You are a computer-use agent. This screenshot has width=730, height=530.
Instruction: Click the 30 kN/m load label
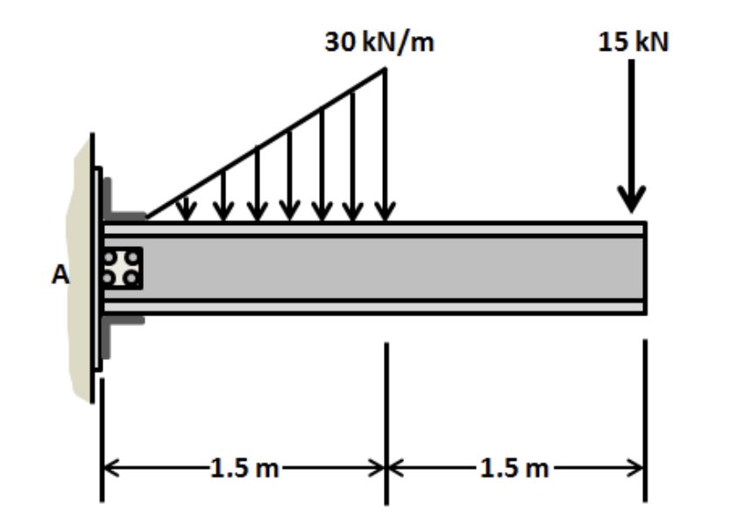pos(379,43)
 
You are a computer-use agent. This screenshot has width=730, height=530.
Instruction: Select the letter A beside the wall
pos(59,275)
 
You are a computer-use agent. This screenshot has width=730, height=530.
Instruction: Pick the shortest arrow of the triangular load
pos(185,208)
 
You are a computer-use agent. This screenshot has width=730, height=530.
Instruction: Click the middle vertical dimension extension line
pos(386,420)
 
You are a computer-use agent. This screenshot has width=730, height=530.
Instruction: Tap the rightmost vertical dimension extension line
pos(645,420)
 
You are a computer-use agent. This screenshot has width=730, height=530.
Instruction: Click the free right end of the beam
pos(644,267)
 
